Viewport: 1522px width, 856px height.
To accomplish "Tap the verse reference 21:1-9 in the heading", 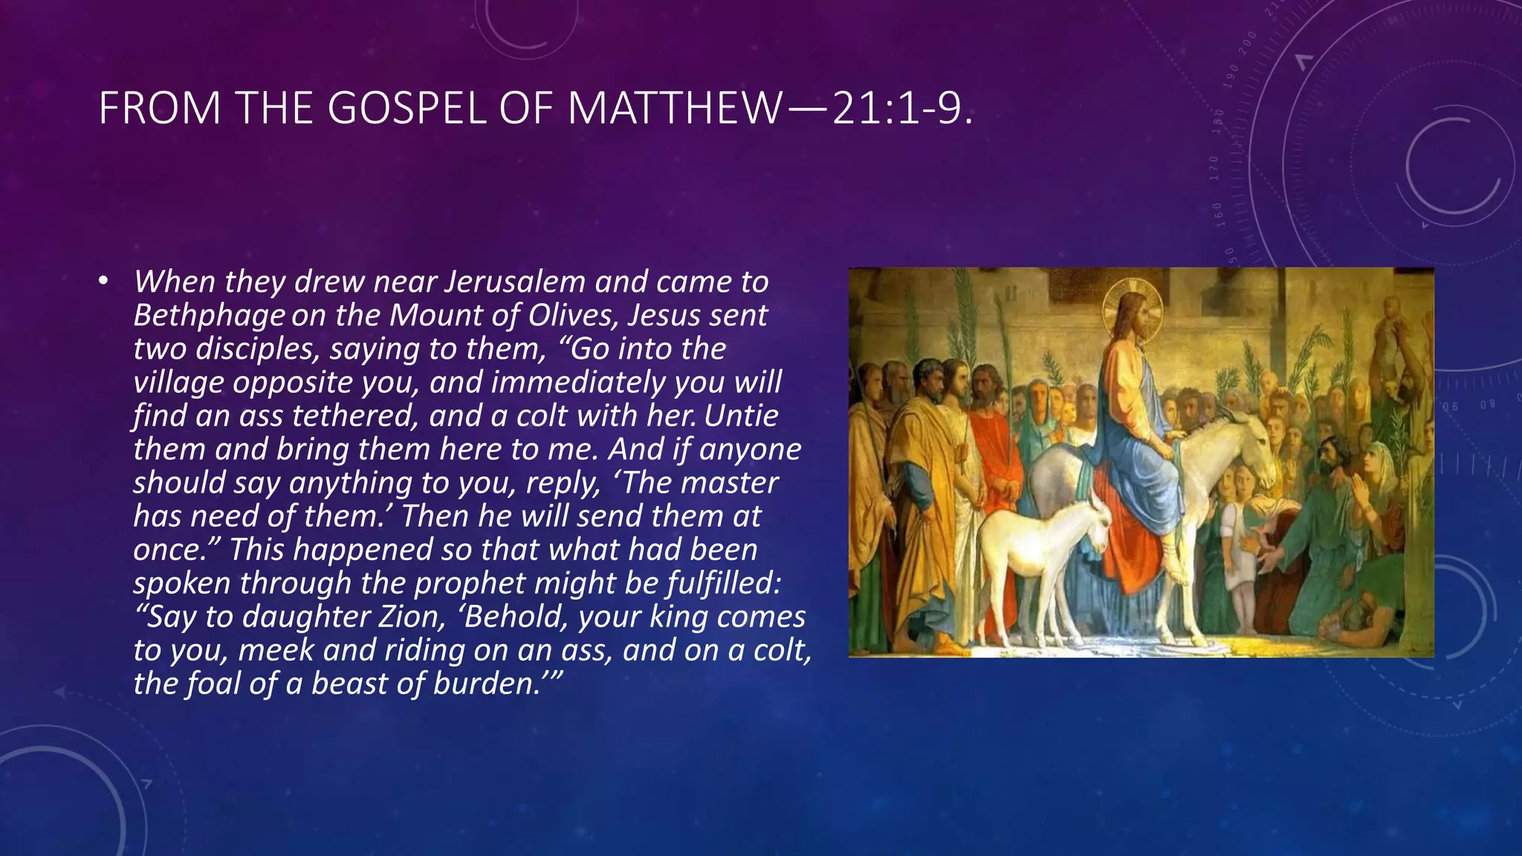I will coord(900,108).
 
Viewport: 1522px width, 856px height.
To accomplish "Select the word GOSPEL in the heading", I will coord(408,108).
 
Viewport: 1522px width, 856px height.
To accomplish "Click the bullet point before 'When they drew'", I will coord(103,282).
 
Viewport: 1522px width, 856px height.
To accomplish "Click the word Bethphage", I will coord(209,316).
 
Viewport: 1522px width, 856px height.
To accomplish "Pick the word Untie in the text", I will coord(741,415).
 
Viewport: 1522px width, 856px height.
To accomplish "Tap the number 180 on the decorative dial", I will coord(1218,120).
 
